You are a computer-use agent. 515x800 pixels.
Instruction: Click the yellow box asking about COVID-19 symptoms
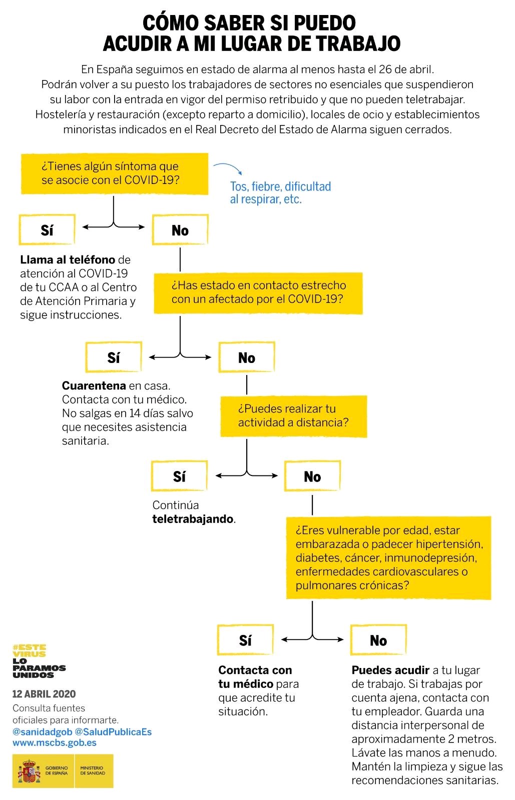click(114, 173)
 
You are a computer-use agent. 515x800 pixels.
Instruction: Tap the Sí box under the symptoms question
click(47, 230)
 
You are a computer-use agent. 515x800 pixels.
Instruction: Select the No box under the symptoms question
click(180, 230)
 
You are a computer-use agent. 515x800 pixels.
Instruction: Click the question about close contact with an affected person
click(258, 292)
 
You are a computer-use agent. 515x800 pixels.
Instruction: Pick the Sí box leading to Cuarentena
click(114, 357)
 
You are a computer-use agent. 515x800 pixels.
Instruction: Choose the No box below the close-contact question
click(246, 357)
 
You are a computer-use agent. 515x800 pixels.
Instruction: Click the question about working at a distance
click(293, 415)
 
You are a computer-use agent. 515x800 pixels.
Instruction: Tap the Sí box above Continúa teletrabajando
click(179, 476)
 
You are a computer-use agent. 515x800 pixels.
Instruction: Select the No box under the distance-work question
click(312, 476)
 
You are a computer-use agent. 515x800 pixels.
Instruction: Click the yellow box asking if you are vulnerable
click(388, 557)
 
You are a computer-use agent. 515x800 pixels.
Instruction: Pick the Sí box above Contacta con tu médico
click(245, 640)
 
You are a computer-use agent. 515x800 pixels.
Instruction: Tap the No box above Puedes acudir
click(378, 640)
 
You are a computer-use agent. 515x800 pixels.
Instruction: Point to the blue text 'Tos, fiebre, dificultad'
click(280, 186)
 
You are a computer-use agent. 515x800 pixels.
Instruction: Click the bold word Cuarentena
click(94, 386)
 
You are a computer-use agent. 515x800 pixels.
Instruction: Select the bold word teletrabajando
click(193, 519)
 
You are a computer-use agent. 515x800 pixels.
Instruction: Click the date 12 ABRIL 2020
click(44, 694)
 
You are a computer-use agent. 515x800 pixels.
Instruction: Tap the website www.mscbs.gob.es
click(55, 742)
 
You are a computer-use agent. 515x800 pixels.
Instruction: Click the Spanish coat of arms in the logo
click(29, 771)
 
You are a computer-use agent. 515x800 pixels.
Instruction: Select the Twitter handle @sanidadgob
click(42, 731)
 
